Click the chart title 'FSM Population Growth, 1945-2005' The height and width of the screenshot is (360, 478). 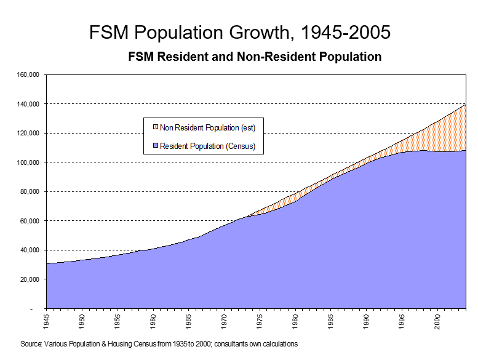click(x=239, y=32)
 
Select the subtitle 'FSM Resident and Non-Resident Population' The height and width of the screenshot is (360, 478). click(x=255, y=57)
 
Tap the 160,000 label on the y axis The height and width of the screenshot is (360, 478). click(x=28, y=75)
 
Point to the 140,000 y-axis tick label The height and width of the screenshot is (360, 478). click(x=28, y=104)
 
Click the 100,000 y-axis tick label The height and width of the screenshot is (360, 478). click(x=28, y=162)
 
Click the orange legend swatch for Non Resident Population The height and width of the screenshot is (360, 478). click(x=156, y=128)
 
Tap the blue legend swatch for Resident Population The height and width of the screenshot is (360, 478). click(x=156, y=146)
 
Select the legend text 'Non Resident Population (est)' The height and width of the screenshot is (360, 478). click(x=207, y=128)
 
